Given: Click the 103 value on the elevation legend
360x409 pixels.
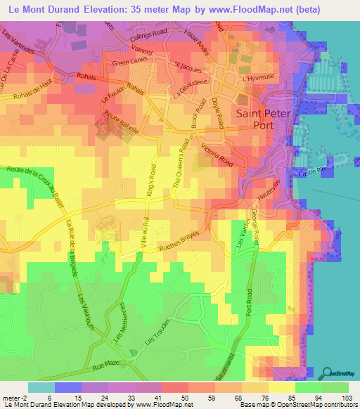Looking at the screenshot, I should pyautogui.click(x=346, y=400).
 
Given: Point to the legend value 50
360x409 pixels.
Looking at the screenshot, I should pyautogui.click(x=186, y=400).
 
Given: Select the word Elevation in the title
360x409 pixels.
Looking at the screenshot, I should pyautogui.click(x=108, y=10).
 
